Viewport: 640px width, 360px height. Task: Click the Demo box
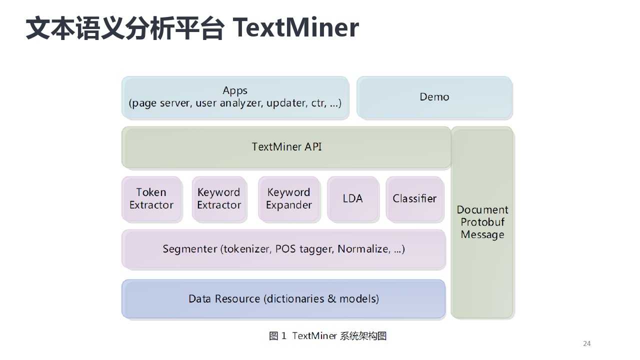coord(434,97)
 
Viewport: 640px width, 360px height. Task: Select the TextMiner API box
coord(286,147)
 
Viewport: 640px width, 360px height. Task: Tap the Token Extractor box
coord(151,199)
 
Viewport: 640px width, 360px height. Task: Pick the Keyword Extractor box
coord(219,199)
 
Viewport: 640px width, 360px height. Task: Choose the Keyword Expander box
coord(289,199)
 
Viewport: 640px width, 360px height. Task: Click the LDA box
coord(353,199)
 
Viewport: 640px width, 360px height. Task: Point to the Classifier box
coord(415,199)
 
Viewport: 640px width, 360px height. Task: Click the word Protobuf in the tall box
coord(482,222)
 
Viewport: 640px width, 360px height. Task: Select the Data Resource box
coord(283,299)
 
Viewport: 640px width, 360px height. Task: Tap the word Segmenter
coord(189,249)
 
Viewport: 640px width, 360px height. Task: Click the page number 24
coord(587,343)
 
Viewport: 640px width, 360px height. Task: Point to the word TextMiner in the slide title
coord(295,27)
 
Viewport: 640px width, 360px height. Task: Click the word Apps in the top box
coord(235,91)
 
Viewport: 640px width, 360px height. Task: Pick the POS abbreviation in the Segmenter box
coord(285,249)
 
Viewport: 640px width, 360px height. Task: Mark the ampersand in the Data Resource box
coord(331,299)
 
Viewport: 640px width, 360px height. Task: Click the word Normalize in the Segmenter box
coord(363,249)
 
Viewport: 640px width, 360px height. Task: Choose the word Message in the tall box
coord(482,235)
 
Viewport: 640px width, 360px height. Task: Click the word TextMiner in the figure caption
coord(314,336)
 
